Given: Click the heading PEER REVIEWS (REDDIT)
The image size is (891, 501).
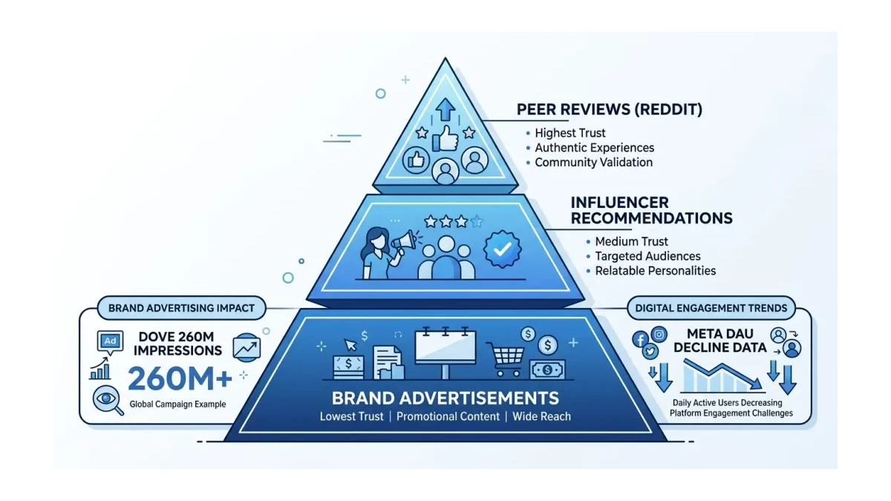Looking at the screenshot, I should [609, 110].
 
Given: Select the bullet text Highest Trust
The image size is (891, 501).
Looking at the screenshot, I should [570, 133].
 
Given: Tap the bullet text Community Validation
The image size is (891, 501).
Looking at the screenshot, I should [593, 162].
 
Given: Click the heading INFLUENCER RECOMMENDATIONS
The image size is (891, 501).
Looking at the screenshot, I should [651, 210].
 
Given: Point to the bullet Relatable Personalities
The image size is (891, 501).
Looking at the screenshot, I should [656, 271].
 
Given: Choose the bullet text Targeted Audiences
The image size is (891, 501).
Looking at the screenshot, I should [647, 256].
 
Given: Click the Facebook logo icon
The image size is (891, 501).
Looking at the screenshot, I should [639, 339].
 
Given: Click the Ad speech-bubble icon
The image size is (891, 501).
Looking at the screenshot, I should [110, 341].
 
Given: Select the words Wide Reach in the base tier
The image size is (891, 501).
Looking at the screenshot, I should [542, 416].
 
